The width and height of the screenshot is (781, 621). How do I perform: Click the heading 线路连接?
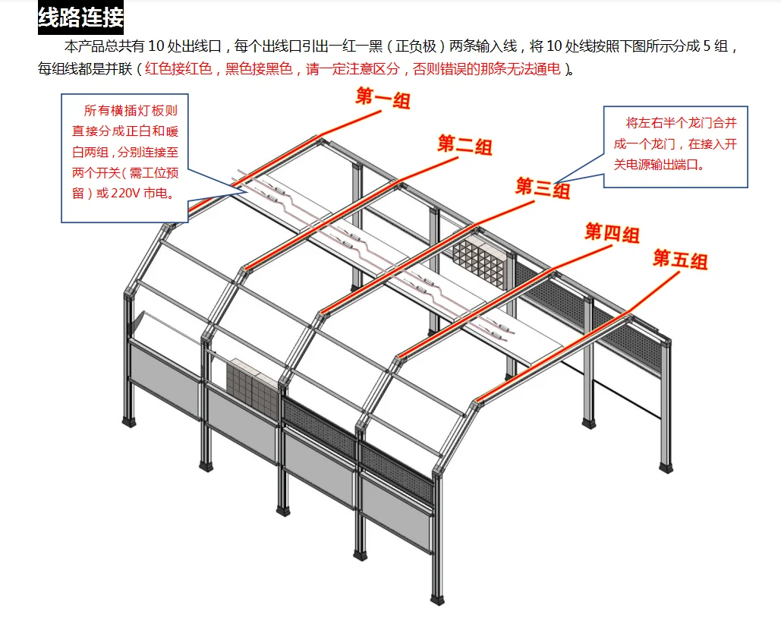point(80,17)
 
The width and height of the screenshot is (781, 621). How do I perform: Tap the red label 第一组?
point(383,98)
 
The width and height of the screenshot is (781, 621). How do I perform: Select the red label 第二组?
point(465,143)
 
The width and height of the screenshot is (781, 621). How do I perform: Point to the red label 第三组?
point(543,188)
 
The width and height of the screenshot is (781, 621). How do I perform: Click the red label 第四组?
point(611,232)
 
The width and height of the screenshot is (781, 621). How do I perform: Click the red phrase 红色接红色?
point(180,69)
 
